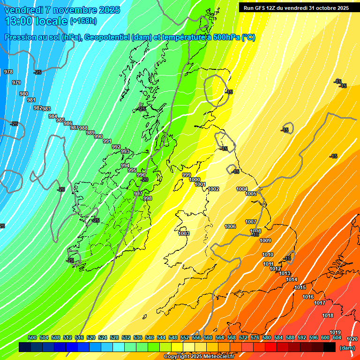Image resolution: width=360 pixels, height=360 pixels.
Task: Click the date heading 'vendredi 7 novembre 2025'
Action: (x=62, y=10)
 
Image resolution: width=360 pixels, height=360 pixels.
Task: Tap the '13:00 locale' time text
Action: (x=36, y=21)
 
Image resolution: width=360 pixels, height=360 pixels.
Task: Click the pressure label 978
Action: (x=8, y=72)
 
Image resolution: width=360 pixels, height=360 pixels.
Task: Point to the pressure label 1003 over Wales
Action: (x=184, y=233)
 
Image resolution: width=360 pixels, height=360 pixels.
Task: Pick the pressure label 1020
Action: (x=352, y=339)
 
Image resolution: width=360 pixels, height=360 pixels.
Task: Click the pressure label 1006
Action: (x=230, y=226)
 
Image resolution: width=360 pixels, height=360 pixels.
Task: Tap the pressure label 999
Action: (x=187, y=175)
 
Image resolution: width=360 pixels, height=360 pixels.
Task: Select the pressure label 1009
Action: (x=265, y=240)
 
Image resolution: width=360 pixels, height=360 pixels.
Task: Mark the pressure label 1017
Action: (x=320, y=303)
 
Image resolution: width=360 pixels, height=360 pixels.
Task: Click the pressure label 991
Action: (x=107, y=141)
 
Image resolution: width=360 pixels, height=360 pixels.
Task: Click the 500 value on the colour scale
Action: (x=32, y=337)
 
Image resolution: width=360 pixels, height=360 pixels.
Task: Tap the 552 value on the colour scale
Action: (x=185, y=337)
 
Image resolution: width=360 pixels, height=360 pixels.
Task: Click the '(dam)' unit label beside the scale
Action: (x=347, y=348)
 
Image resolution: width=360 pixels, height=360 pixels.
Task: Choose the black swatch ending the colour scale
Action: (x=330, y=347)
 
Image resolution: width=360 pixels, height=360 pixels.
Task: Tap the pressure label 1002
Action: (x=214, y=189)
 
